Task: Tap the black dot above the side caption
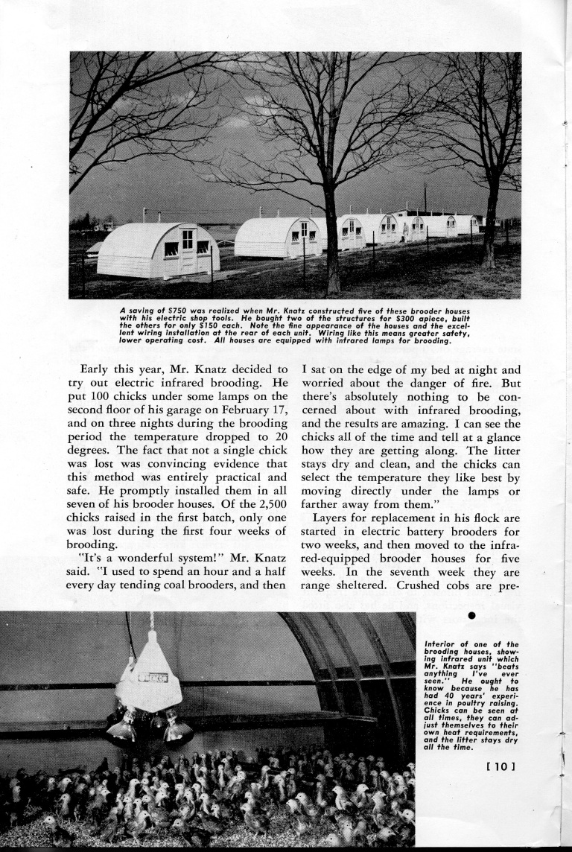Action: [x=471, y=617]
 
